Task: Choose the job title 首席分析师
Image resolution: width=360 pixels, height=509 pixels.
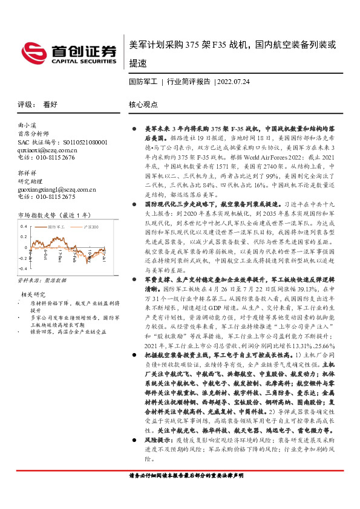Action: coord(31,134)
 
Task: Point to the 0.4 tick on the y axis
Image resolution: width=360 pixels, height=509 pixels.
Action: coord(23,226)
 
